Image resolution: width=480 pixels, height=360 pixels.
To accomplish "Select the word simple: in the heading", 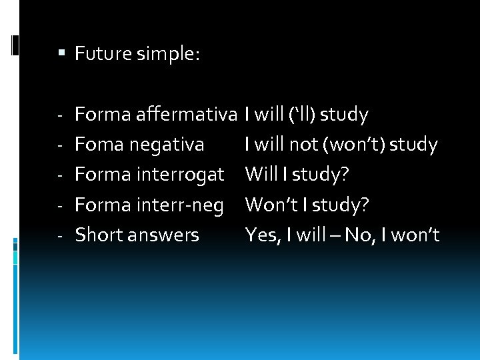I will (x=167, y=53).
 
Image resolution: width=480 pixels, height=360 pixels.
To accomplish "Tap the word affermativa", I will (x=187, y=115).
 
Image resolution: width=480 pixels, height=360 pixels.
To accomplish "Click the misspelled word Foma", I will (x=98, y=145).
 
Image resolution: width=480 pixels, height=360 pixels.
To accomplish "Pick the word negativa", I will (x=167, y=145).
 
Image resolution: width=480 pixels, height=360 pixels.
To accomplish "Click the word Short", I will (x=98, y=235).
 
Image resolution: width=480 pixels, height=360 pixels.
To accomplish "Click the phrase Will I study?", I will (x=297, y=175).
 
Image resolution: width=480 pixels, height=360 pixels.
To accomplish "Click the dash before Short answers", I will (x=59, y=235).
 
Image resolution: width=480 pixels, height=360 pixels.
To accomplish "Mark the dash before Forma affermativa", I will (x=59, y=115).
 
